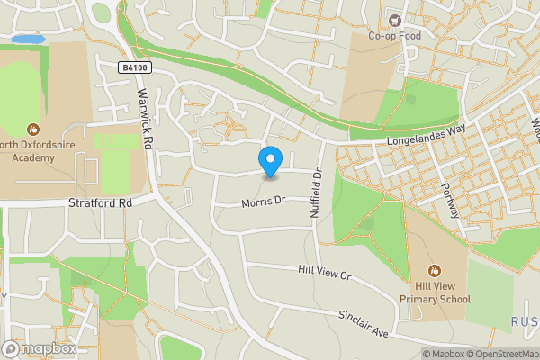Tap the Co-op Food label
pos(394,37)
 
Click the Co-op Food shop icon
pos(393,20)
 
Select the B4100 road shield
pos(133,68)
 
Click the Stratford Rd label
pos(100,203)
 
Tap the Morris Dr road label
pos(263,203)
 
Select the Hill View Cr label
pos(323,271)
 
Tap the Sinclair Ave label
pos(363,325)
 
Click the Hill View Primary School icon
pos(435,270)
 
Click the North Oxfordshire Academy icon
pos(34,130)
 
